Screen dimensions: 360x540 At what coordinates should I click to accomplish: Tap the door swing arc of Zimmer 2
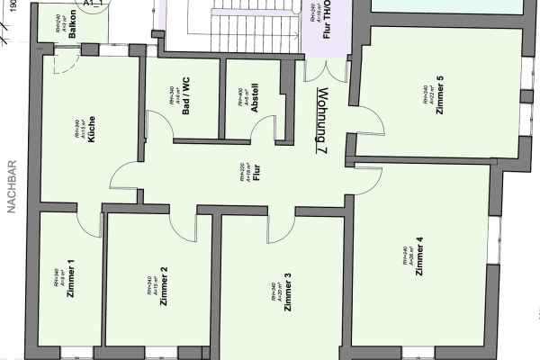coord(182,219)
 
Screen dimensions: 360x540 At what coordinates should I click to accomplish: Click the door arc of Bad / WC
coord(160,129)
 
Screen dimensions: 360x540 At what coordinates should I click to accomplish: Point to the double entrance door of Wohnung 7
coord(326,72)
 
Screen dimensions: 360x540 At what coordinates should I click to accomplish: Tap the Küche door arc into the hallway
coord(124,177)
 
